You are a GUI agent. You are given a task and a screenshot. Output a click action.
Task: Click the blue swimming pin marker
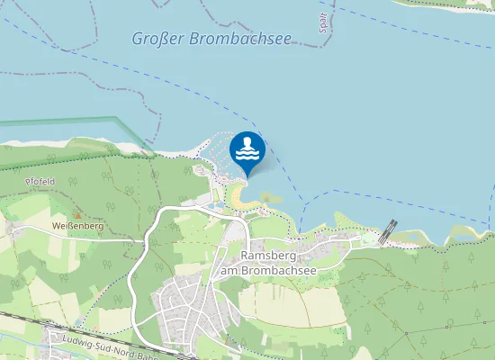coord(247,150)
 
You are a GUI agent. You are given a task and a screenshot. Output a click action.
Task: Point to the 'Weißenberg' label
coord(77,226)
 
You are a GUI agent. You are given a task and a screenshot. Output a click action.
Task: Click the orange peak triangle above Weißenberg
coord(77,214)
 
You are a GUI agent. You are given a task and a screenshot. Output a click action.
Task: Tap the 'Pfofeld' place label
coord(41,181)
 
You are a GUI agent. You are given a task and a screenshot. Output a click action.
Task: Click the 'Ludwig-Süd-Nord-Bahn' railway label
coord(99,346)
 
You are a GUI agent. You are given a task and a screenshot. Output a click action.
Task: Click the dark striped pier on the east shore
coord(388,231)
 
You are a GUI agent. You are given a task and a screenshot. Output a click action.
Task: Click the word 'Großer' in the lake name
coord(151,39)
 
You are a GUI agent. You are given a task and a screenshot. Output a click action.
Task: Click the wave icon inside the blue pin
coord(247,156)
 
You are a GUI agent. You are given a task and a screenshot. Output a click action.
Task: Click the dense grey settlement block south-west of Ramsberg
coord(184,301)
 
